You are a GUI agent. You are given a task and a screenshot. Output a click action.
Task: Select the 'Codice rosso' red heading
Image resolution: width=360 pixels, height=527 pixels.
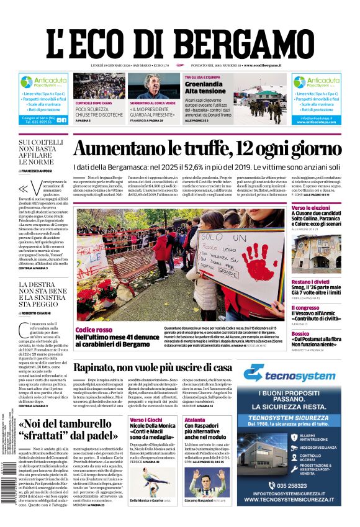[94, 330]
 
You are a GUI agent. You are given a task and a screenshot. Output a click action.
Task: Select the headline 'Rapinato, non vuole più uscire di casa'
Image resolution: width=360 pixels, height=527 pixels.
[161, 367]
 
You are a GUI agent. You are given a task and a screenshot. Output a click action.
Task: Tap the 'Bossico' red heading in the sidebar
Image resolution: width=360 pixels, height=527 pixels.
[300, 334]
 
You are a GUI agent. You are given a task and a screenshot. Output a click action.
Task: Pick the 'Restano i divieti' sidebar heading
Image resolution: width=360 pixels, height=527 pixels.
[310, 282]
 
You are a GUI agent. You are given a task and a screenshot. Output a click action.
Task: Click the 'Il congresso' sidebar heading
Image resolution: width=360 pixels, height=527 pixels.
[305, 308]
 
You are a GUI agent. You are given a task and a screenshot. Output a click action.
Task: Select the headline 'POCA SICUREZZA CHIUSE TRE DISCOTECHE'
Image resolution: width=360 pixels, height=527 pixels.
[99, 110]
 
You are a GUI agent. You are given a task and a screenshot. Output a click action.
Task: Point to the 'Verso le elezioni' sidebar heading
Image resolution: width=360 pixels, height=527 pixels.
[311, 207]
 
